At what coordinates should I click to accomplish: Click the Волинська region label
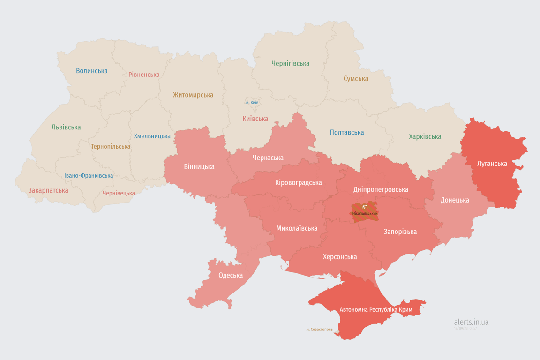[x=92, y=71]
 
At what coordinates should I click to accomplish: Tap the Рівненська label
[x=144, y=75]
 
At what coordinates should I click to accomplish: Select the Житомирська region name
[x=193, y=95]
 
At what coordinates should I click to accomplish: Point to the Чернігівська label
[x=290, y=63]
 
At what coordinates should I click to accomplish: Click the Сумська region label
[x=356, y=79]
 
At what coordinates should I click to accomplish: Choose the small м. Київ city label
[x=252, y=102]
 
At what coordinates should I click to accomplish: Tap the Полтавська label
[x=347, y=132]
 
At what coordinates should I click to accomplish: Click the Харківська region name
[x=425, y=136]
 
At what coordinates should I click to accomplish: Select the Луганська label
[x=492, y=164]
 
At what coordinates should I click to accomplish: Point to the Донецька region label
[x=455, y=200]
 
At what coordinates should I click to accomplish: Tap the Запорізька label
[x=400, y=232]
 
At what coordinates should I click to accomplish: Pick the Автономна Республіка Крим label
[x=376, y=310]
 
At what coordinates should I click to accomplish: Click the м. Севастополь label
[x=319, y=329]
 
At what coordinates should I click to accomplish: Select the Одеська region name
[x=231, y=275]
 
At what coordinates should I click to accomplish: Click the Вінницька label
[x=199, y=166]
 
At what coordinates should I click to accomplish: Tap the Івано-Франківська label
[x=89, y=176]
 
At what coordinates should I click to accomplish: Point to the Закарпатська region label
[x=48, y=190]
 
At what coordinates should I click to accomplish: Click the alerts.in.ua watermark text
[x=471, y=322]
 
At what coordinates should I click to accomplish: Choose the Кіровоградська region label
[x=298, y=182]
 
